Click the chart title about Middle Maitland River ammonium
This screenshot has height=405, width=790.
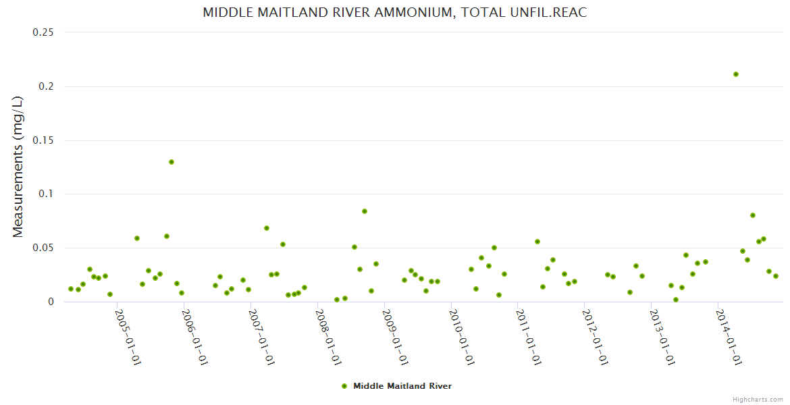click(395, 13)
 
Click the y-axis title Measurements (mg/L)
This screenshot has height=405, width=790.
click(18, 167)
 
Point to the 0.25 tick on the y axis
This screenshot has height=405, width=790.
click(44, 32)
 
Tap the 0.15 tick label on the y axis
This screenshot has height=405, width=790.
click(44, 140)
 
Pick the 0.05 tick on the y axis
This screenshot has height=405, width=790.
click(44, 248)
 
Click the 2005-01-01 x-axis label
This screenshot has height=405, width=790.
click(128, 337)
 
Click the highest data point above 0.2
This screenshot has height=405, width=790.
click(736, 74)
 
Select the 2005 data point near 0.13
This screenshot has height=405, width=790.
click(172, 162)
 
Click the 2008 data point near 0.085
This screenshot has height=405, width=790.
click(365, 211)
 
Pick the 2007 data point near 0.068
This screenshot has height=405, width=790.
click(267, 228)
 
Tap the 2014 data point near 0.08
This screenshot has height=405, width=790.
click(753, 215)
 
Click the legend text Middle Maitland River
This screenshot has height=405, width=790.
click(402, 386)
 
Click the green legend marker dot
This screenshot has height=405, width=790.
click(344, 386)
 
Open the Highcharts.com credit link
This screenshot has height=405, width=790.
click(758, 399)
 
